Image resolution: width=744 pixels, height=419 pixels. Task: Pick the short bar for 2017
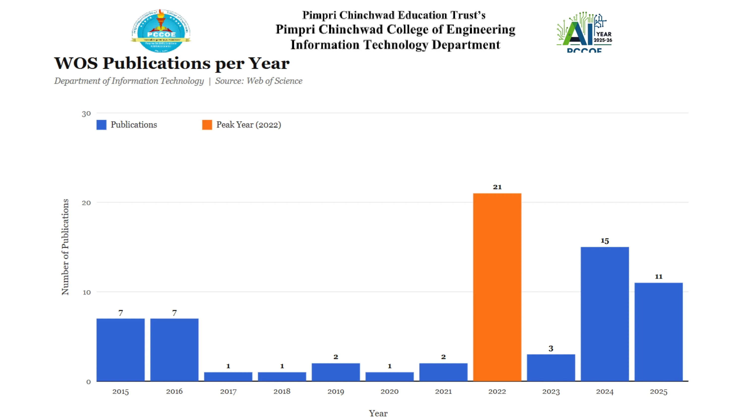(x=228, y=377)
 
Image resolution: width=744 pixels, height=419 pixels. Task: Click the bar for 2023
(x=551, y=368)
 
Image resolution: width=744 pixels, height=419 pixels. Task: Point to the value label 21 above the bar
(x=497, y=187)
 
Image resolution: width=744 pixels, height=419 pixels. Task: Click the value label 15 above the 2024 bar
(x=605, y=241)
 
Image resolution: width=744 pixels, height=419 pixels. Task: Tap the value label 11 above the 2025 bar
(x=658, y=277)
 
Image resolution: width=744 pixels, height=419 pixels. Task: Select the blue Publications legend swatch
(x=101, y=125)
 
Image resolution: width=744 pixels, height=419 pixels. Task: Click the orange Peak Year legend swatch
(x=207, y=125)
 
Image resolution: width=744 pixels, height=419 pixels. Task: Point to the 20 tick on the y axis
(x=86, y=203)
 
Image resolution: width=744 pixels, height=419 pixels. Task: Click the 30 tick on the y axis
(x=86, y=113)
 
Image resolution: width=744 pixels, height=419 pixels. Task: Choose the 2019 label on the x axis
(x=336, y=391)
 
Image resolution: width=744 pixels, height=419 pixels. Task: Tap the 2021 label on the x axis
(x=443, y=391)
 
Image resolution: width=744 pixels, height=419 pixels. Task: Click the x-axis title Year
(x=378, y=413)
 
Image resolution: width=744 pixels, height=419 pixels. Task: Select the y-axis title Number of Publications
(x=65, y=247)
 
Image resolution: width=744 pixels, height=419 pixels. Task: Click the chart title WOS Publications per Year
(x=172, y=63)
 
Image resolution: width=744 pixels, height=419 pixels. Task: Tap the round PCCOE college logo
(x=161, y=31)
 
